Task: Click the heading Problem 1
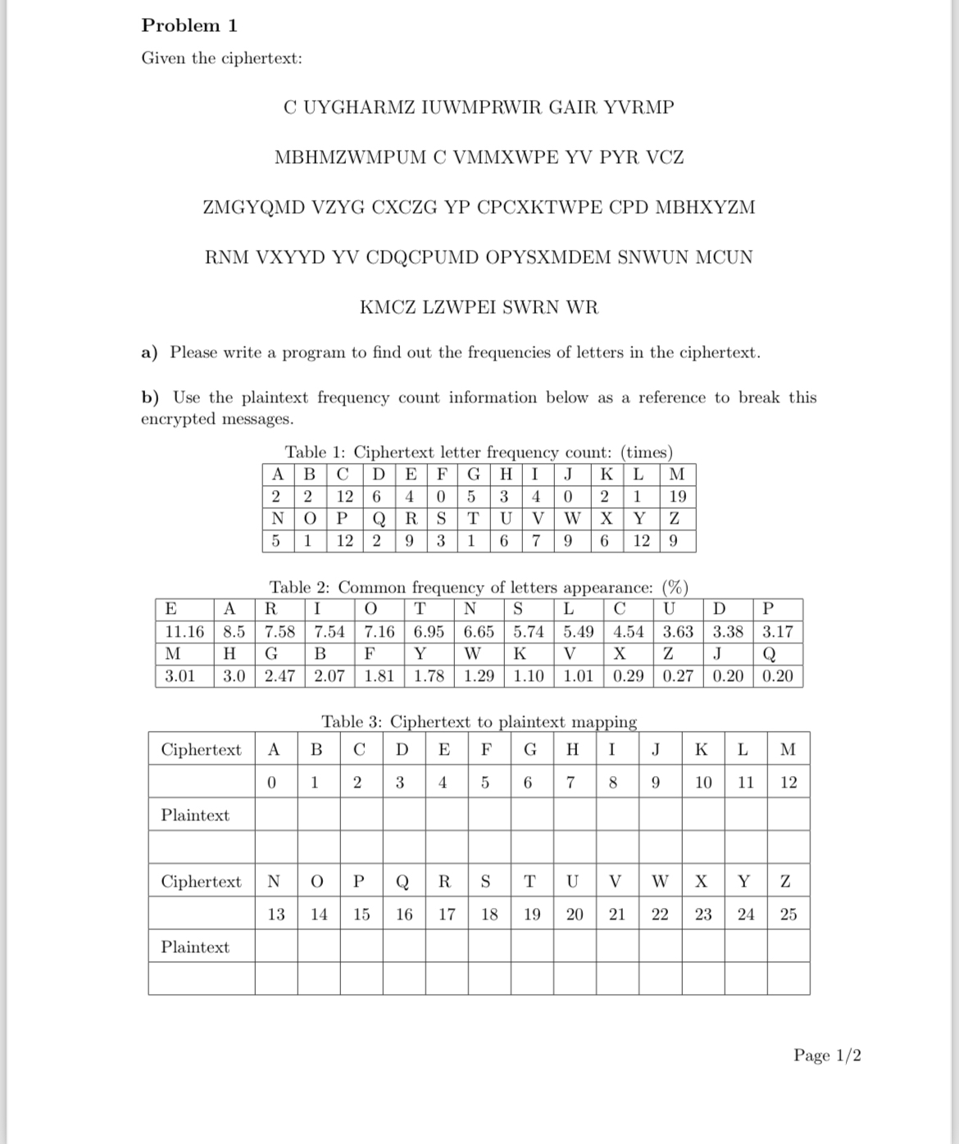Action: click(x=189, y=25)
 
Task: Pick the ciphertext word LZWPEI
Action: click(x=458, y=308)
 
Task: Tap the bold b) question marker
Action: click(x=150, y=398)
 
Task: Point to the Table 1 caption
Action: click(x=479, y=452)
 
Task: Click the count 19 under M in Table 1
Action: click(x=677, y=497)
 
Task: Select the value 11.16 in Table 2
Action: click(x=184, y=632)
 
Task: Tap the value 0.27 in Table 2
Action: click(x=677, y=676)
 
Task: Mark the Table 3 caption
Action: click(x=479, y=722)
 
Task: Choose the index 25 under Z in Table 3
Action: click(x=788, y=915)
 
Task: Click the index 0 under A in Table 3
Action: click(x=275, y=783)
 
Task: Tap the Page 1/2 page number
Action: click(x=826, y=1055)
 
